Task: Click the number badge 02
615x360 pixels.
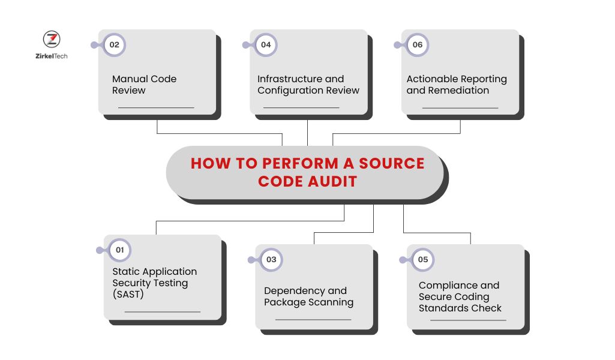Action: [x=114, y=45]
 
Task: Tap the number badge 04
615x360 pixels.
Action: [x=266, y=45]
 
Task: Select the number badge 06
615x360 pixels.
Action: [x=417, y=45]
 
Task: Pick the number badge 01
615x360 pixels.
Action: [x=119, y=250]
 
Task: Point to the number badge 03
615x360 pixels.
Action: [x=271, y=259]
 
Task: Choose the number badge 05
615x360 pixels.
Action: [x=423, y=259]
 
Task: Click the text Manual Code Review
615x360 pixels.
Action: [x=144, y=85]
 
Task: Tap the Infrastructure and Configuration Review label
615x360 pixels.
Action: [x=308, y=85]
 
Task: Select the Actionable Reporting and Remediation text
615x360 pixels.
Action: [x=457, y=85]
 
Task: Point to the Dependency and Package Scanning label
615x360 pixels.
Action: [x=308, y=296]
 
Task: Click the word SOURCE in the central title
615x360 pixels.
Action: [x=392, y=164]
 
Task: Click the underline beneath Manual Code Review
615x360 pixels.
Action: [x=156, y=107]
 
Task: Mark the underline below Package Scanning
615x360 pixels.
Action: [x=313, y=319]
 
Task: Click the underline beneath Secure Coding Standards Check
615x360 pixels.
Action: [x=468, y=320]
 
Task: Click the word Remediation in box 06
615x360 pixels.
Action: [x=459, y=91]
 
